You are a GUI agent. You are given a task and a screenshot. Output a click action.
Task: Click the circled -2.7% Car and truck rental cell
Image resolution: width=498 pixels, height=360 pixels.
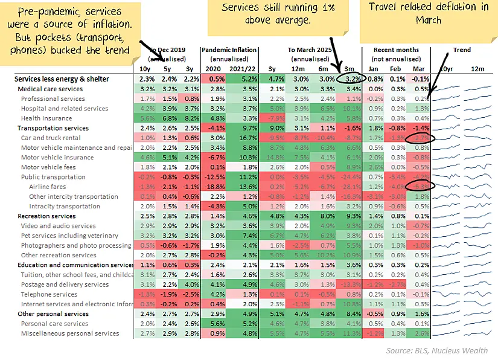click(x=420, y=138)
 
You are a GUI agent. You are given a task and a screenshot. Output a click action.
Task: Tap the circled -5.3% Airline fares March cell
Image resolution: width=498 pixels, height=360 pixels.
click(x=420, y=187)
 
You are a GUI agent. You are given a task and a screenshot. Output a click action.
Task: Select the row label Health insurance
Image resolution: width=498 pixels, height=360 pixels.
click(x=48, y=118)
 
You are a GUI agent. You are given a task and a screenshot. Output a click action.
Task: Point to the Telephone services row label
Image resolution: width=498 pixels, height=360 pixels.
click(x=49, y=294)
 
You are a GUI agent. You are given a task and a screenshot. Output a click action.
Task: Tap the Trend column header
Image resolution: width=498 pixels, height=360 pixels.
click(x=462, y=50)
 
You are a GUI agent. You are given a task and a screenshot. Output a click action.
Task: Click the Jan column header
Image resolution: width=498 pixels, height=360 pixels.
click(x=374, y=69)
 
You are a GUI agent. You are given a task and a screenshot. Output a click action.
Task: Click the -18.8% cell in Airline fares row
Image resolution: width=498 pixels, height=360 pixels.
click(x=214, y=187)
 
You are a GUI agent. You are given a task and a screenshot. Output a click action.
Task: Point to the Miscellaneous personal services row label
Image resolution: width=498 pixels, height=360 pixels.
click(x=70, y=333)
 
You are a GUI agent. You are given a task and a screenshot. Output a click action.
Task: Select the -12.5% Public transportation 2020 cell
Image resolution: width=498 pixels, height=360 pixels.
click(x=214, y=177)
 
